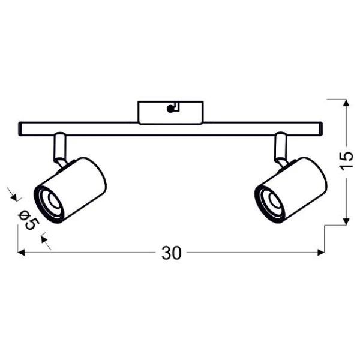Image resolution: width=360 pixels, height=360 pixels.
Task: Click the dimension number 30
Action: click(172, 253)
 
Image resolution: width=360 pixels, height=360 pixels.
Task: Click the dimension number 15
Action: click(346, 161)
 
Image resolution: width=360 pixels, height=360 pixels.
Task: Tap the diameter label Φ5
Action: click(29, 220)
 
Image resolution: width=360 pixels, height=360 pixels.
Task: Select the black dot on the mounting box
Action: click(170, 109)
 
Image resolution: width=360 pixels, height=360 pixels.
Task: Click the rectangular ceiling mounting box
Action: click(170, 113)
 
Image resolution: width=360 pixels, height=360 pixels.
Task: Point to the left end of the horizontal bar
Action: click(20, 129)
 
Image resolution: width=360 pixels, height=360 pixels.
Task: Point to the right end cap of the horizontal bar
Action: click(321, 129)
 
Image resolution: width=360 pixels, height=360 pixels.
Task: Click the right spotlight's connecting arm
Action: click(281, 149)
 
